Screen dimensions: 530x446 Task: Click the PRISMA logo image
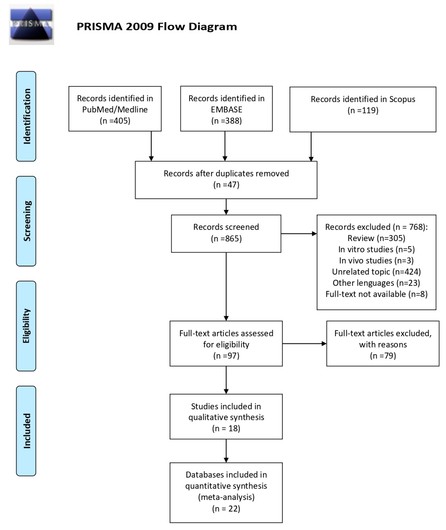click(31, 25)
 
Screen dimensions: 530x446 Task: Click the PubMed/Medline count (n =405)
click(115, 121)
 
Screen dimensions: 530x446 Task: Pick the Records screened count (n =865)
click(226, 239)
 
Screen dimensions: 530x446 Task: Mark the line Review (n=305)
click(376, 238)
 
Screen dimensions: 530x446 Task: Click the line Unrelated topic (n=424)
click(376, 272)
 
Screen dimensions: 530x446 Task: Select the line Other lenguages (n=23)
click(376, 283)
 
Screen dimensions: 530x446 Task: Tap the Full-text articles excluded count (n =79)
click(383, 356)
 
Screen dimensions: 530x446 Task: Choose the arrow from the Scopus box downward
click(311, 147)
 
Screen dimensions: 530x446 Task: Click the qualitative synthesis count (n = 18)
click(226, 428)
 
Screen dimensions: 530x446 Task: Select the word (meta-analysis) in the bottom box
click(226, 497)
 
